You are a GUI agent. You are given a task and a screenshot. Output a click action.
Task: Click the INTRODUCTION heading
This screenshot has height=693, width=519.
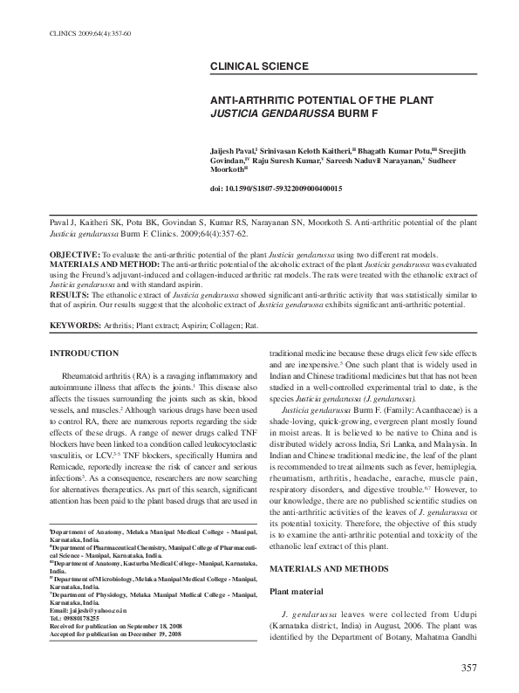85,353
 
